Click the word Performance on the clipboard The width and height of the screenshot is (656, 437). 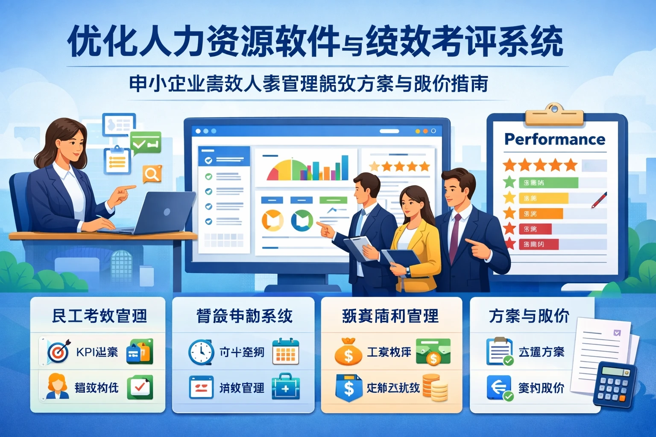555,140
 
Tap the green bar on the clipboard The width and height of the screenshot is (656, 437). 548,183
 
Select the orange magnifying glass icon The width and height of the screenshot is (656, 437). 151,174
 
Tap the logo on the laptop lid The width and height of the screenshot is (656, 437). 167,212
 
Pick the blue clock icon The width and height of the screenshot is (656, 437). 200,352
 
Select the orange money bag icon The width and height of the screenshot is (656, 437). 348,352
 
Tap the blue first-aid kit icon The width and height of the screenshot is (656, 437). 285,387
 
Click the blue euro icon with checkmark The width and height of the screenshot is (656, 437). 499,387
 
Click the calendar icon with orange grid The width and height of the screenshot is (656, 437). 285,352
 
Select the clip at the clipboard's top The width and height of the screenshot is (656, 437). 554,114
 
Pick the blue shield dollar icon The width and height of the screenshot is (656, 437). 348,387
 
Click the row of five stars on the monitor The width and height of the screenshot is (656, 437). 399,166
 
